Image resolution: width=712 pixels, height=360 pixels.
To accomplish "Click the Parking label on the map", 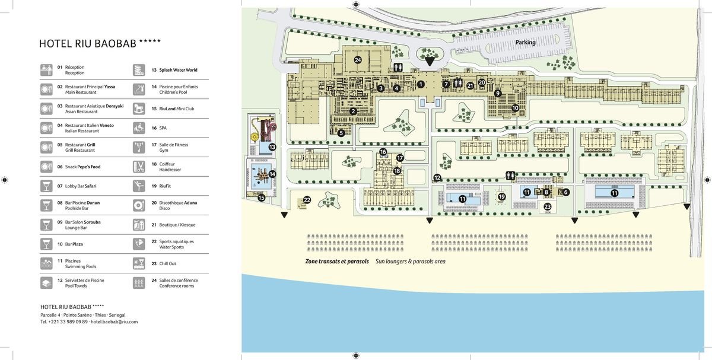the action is click(x=526, y=42).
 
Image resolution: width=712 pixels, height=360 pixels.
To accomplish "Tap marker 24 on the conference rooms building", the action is click(x=358, y=60).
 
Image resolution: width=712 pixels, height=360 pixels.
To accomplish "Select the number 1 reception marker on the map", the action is click(x=421, y=84).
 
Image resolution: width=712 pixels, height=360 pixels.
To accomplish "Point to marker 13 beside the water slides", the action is click(x=272, y=147).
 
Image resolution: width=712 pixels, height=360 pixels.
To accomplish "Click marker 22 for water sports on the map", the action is click(x=307, y=200).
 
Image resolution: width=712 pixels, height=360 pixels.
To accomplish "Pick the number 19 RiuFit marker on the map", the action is click(x=501, y=197).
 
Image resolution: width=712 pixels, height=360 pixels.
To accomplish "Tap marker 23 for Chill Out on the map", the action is click(x=547, y=207).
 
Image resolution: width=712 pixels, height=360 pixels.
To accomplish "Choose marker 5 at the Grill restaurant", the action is click(x=341, y=133).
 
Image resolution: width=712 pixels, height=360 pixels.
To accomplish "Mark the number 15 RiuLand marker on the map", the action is click(x=261, y=198).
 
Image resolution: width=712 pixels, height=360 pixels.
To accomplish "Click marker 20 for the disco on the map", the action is click(x=482, y=82).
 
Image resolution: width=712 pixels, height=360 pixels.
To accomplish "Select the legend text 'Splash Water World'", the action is click(x=178, y=70).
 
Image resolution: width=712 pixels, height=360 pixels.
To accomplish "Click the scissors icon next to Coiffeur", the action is click(x=139, y=167).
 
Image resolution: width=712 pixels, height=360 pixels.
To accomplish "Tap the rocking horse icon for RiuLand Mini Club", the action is click(x=139, y=109).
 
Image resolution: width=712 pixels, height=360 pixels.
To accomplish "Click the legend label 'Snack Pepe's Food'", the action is click(x=82, y=167).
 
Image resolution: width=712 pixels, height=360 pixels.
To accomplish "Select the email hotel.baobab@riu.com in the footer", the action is click(x=114, y=321).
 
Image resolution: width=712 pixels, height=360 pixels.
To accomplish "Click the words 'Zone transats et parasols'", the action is click(x=337, y=262).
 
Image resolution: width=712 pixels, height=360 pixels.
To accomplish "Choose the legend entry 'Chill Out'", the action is click(x=167, y=264).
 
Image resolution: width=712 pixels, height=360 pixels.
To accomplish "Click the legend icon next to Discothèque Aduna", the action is click(x=139, y=206).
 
